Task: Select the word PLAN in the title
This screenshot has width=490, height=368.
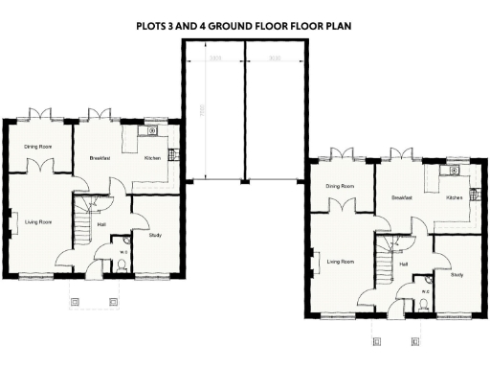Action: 338,27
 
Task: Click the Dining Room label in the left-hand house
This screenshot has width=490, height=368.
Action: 38,146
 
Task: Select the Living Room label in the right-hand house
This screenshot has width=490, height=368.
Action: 341,260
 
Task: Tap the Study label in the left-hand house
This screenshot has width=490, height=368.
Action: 155,233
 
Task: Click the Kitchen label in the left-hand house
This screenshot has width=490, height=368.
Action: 153,157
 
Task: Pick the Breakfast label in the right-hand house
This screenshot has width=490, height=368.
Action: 402,197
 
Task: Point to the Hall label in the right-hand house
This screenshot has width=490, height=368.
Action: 403,264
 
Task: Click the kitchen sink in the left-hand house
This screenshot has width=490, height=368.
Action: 154,131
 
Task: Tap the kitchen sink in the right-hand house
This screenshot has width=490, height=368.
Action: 449,172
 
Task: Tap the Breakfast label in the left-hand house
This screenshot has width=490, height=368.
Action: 101,157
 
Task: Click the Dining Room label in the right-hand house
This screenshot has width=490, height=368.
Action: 340,186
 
